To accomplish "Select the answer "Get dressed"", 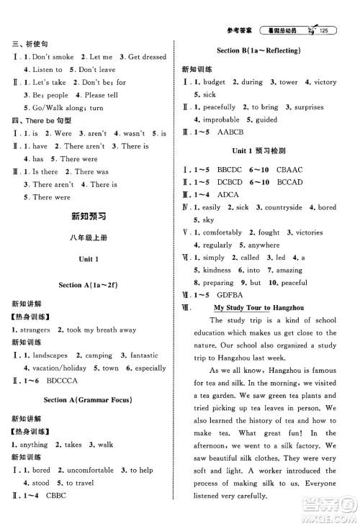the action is [147, 57].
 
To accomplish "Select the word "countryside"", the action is [275, 208].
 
